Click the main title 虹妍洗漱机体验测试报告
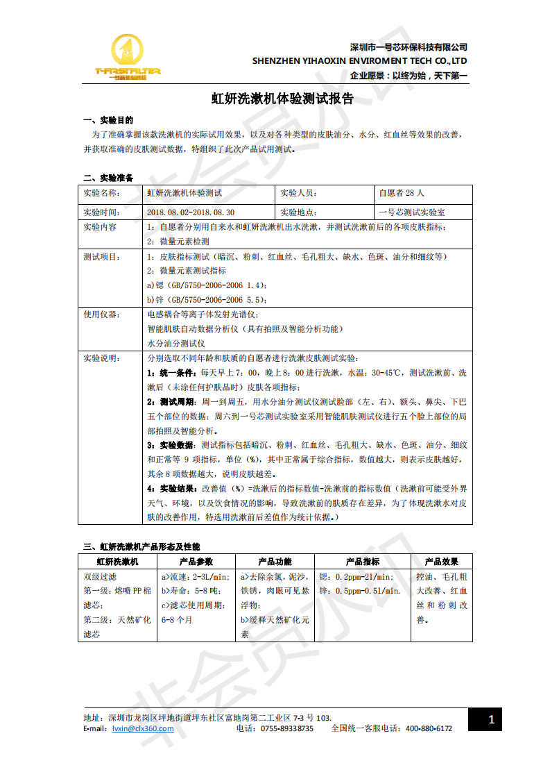coord(282,99)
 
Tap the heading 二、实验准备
coord(108,177)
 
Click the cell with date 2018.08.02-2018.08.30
coord(191,212)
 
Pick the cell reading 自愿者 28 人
coord(402,193)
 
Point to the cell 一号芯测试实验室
coord(412,212)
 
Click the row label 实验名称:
coord(101,193)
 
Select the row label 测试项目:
coord(101,256)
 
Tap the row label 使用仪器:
coord(101,314)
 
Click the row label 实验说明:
coord(101,358)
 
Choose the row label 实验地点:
coord(299,212)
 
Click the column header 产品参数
coord(196,561)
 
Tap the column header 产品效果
coord(442,561)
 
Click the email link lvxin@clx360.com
coord(143,728)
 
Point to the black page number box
coord(491,719)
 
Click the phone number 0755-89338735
coord(287,728)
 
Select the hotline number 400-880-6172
coord(429,728)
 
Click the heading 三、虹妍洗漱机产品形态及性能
coord(141,546)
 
